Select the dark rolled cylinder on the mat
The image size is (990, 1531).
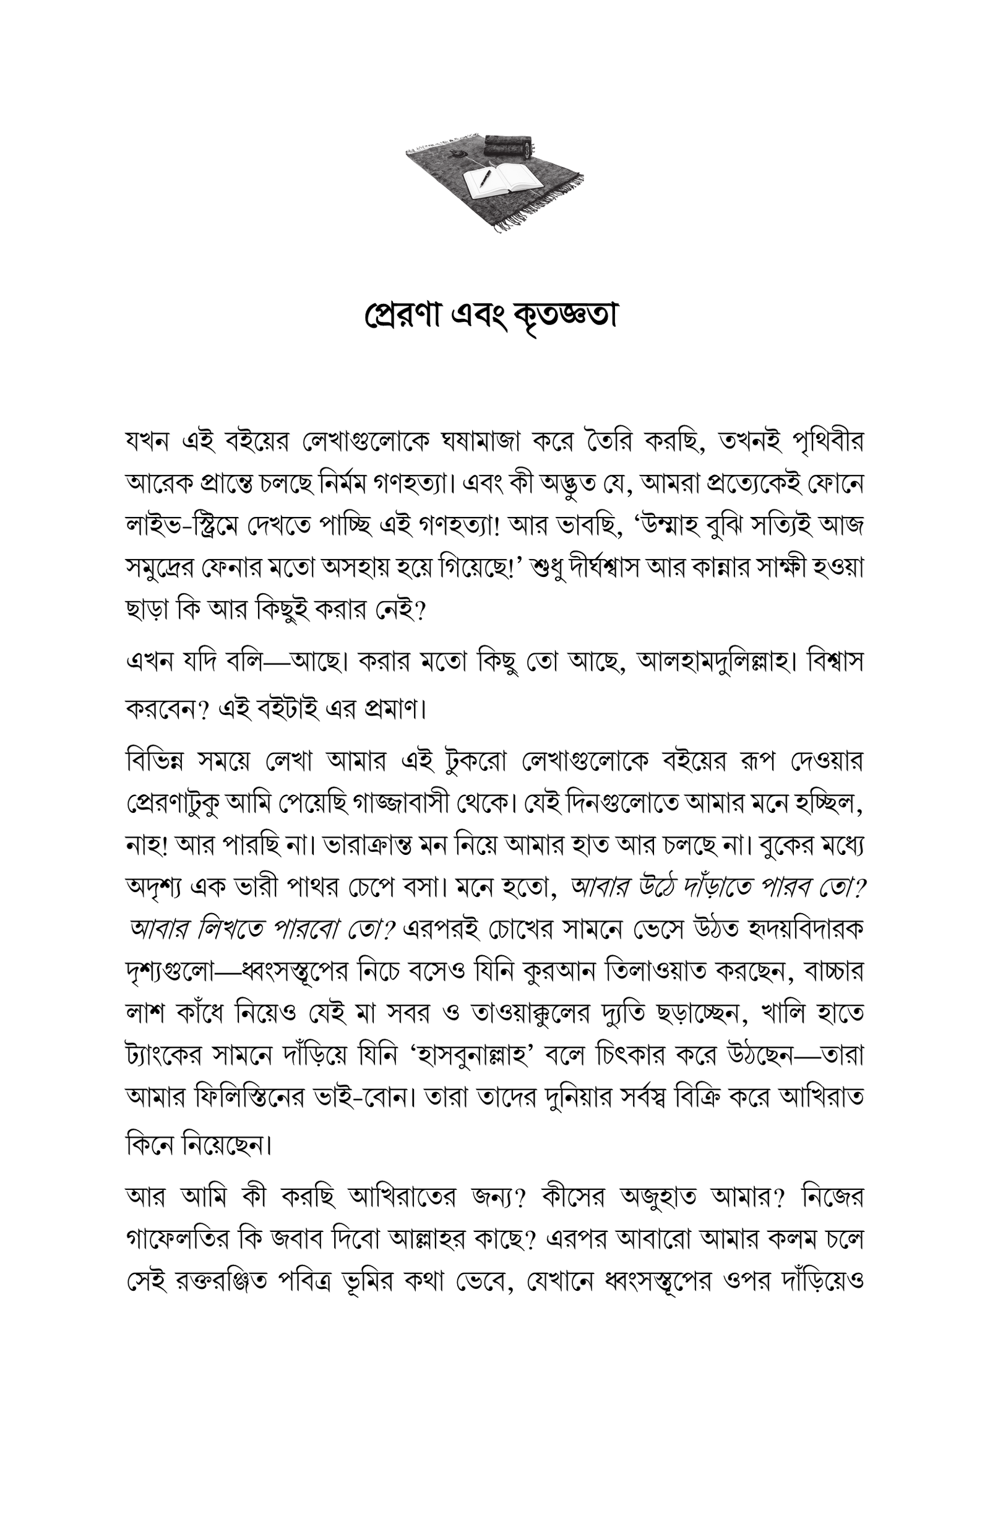click(508, 145)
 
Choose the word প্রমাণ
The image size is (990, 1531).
click(394, 709)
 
